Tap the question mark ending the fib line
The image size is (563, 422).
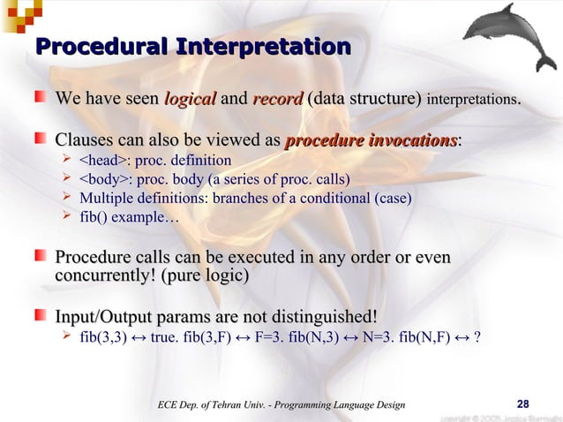(x=477, y=336)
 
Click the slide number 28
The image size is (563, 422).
(x=522, y=403)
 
